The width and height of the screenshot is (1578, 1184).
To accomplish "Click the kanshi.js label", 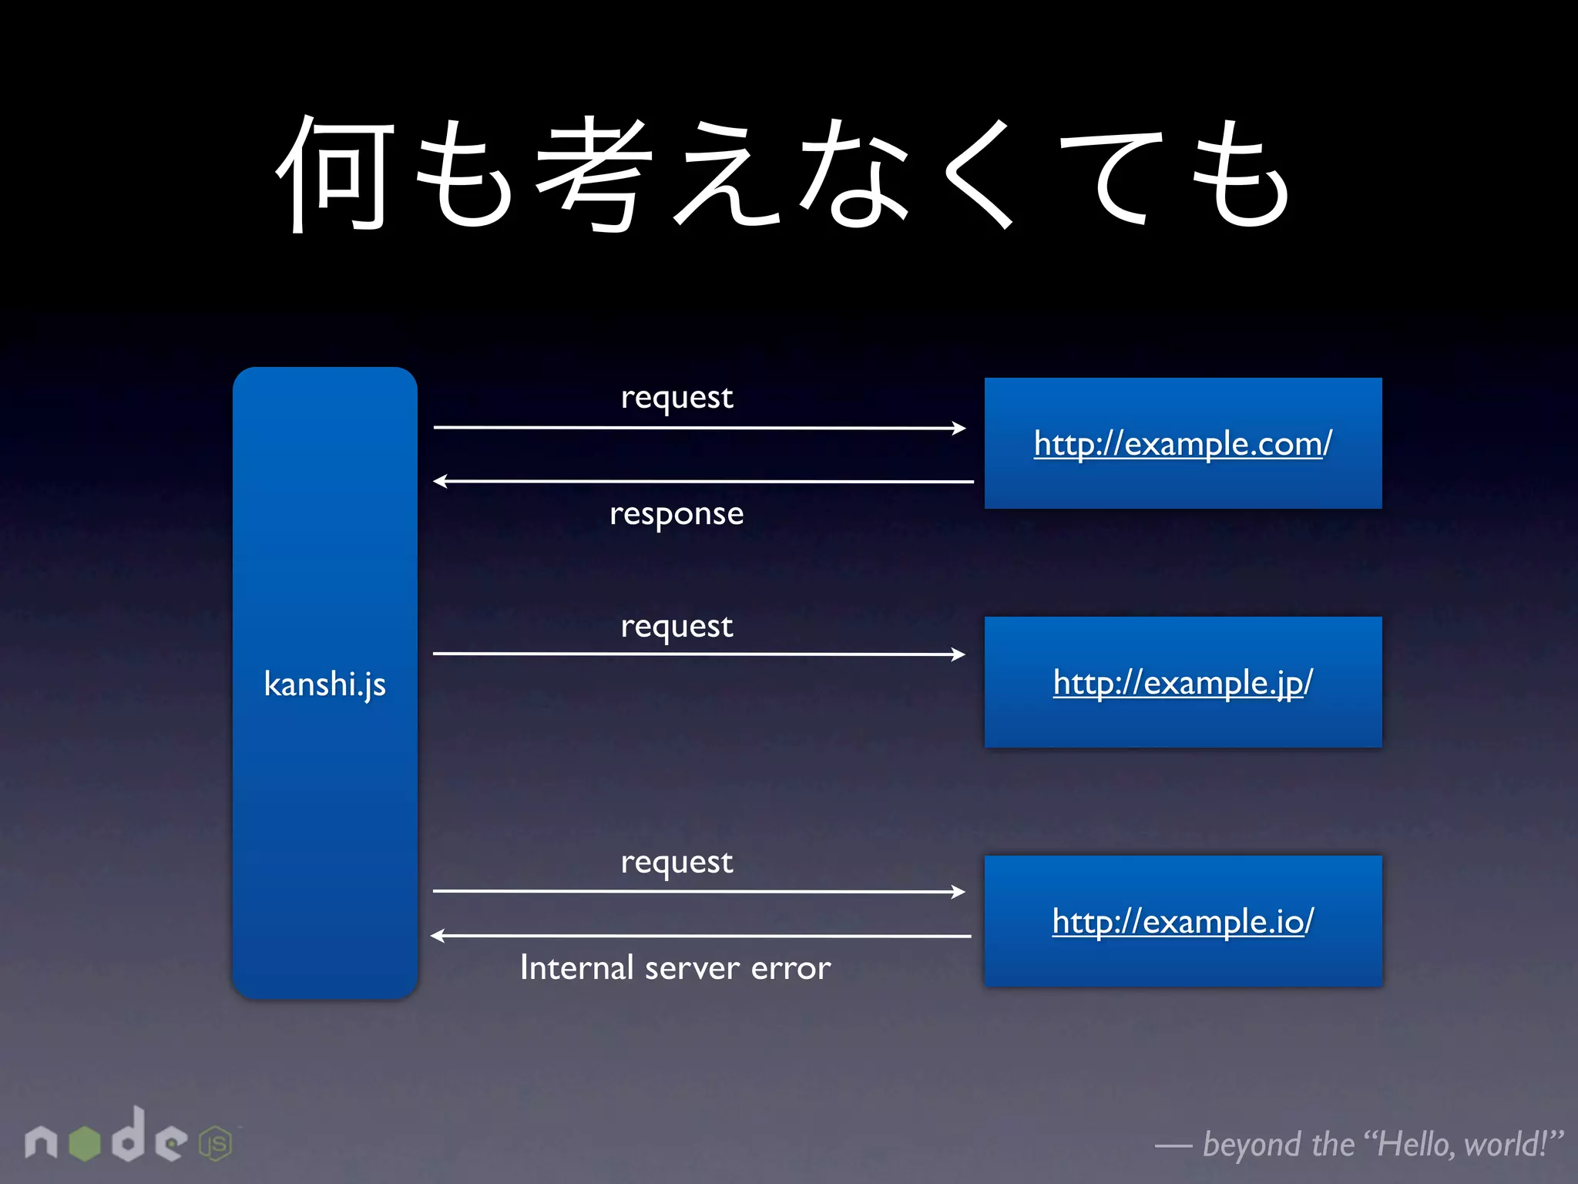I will [x=324, y=684].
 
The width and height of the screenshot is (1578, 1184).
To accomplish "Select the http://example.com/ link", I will [x=1183, y=444].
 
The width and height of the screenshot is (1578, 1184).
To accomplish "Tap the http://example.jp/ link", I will [x=1183, y=683].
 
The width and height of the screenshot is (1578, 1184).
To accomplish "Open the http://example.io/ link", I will [x=1183, y=922].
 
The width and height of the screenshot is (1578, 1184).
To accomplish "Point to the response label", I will [x=677, y=514].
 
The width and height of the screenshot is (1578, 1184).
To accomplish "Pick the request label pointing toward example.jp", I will [x=677, y=627].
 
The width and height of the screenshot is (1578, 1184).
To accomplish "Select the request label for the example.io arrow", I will [x=677, y=863].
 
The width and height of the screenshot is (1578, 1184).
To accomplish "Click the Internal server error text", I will [x=675, y=968].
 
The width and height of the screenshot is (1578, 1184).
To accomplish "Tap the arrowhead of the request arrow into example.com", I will [x=959, y=428].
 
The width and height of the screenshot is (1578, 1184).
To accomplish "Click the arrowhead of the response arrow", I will [x=441, y=481].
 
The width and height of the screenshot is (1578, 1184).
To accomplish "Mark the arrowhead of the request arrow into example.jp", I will [x=959, y=654].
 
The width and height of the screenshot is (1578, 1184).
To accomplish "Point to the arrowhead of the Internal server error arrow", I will [x=438, y=936].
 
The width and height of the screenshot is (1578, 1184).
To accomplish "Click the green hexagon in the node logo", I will [x=85, y=1143].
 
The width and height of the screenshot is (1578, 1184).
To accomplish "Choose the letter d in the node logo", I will [x=129, y=1135].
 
